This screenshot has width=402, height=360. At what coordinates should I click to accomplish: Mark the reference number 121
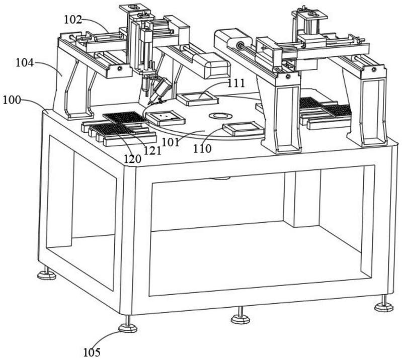(152, 150)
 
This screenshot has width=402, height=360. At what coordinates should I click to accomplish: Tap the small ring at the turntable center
(219, 115)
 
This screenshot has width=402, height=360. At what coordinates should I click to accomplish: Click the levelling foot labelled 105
(127, 327)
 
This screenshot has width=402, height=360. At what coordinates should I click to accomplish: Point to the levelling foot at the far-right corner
(383, 306)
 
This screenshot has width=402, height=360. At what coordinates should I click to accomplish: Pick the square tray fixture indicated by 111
(197, 99)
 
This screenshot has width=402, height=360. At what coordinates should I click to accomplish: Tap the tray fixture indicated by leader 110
(244, 129)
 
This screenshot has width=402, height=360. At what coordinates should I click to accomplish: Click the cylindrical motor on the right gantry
(233, 39)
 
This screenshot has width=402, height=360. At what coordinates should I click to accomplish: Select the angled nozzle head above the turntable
(162, 91)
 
